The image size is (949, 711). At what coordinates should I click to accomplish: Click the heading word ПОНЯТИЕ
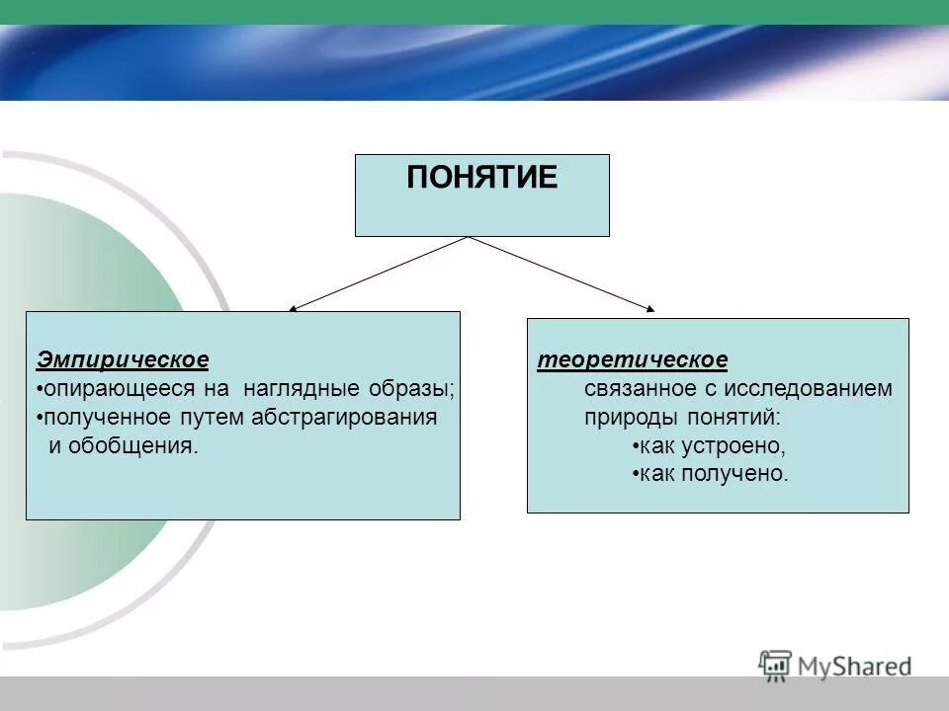481,178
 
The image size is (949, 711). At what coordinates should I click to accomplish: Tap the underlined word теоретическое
632,359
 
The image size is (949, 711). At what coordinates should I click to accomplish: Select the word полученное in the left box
100,417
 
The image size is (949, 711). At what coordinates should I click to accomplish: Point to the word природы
622,417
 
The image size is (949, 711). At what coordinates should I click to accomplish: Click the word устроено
733,445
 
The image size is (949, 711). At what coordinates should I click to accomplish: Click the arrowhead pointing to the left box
294,309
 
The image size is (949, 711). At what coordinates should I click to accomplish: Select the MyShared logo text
854,667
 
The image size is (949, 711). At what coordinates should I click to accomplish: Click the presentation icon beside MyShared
776,665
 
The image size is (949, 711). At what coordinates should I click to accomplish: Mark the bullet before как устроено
634,446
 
